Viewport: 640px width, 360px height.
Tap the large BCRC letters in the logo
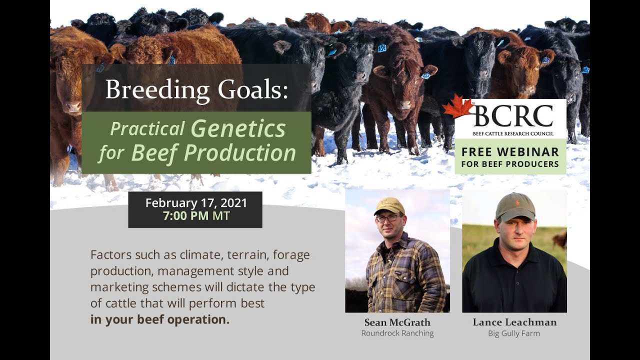click(513, 116)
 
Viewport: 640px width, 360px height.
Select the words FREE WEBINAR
click(510, 152)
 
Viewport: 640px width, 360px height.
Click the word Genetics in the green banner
click(238, 128)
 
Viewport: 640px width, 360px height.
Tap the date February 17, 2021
click(196, 203)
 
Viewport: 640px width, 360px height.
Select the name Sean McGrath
click(397, 322)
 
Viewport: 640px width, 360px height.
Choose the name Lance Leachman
click(514, 322)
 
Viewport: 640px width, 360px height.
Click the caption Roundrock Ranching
click(397, 333)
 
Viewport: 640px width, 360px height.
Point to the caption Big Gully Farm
click(514, 333)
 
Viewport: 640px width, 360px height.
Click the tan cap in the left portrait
click(389, 205)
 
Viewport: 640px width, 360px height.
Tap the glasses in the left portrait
click(388, 218)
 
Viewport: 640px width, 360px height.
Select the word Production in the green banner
click(240, 153)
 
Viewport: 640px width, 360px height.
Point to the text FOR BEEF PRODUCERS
click(510, 163)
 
